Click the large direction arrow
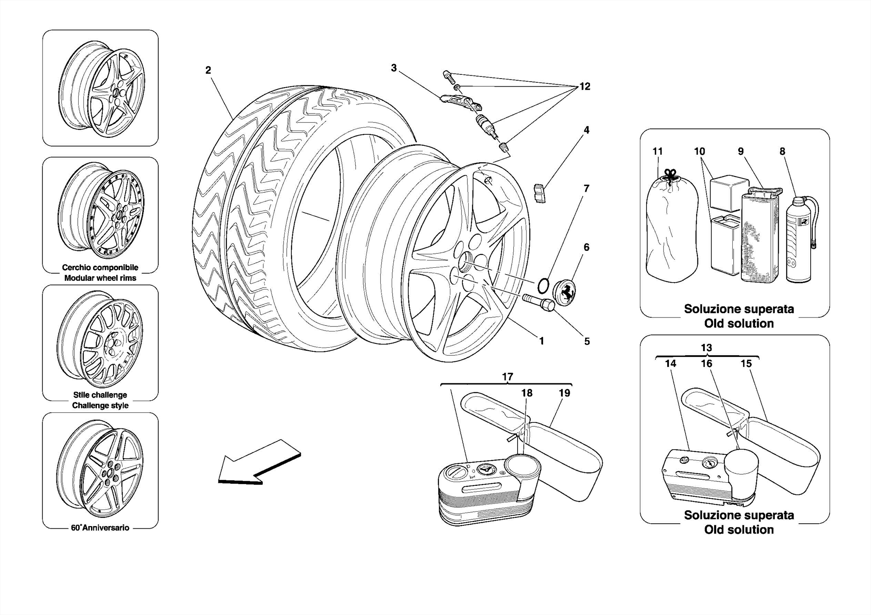257,463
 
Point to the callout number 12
585,87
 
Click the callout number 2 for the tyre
208,70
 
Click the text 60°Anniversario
100,528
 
